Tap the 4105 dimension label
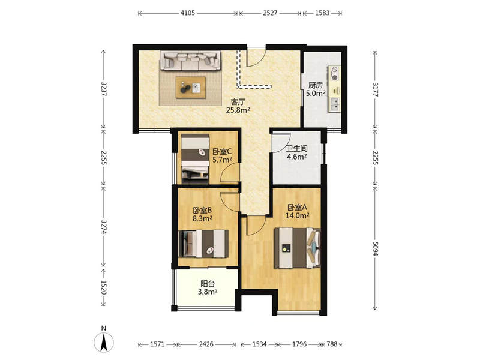(x=188, y=13)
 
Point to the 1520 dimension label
(x=103, y=287)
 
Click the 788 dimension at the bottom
(x=332, y=344)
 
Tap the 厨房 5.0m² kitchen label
(x=316, y=89)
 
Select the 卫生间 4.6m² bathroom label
(x=296, y=152)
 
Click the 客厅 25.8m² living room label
(x=238, y=106)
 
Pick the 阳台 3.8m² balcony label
(x=208, y=288)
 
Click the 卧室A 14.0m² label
(x=297, y=211)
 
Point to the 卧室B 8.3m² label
(x=202, y=214)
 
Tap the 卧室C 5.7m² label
(x=222, y=155)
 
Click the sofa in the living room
(x=190, y=61)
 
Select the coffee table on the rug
(x=191, y=87)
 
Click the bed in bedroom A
(x=297, y=248)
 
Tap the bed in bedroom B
(x=203, y=244)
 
